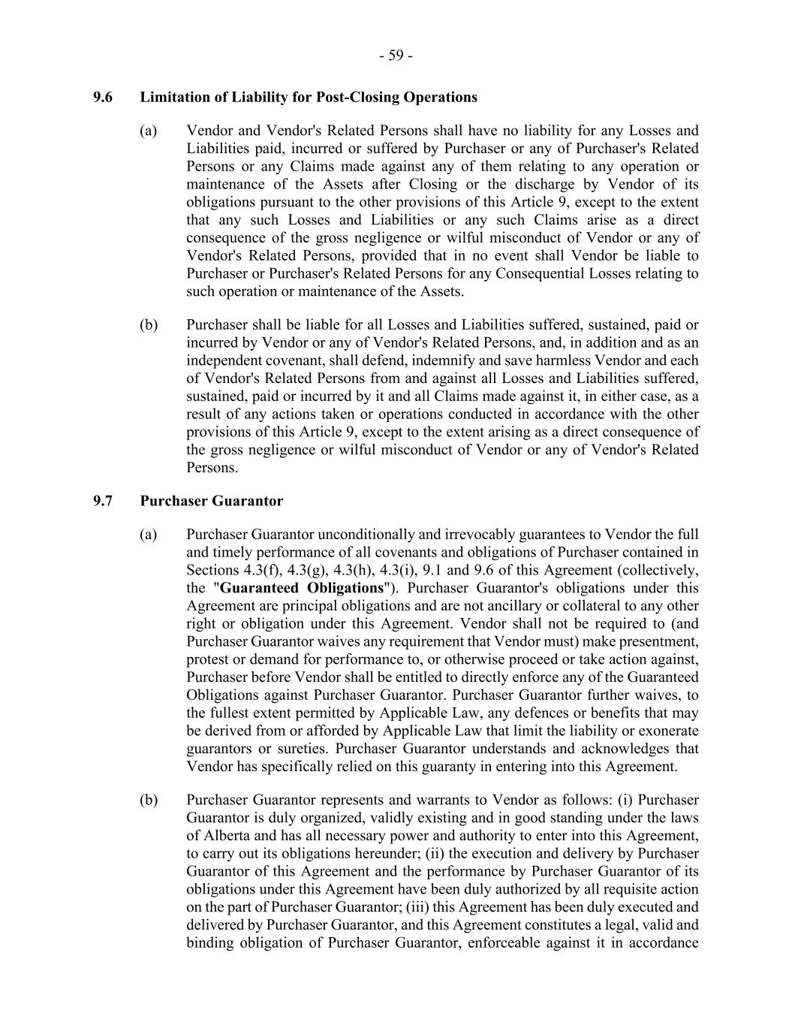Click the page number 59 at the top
point(396,56)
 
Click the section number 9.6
point(103,97)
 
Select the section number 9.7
point(103,501)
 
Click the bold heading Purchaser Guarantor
point(212,501)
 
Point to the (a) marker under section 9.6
point(149,131)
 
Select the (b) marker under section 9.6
point(149,325)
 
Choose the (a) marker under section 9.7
point(149,535)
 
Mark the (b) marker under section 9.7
point(149,800)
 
